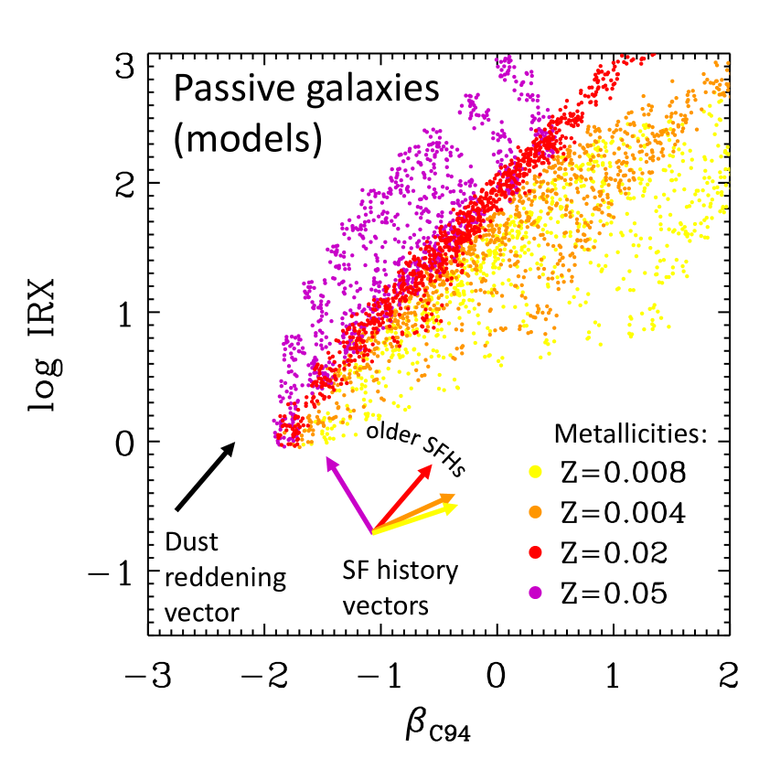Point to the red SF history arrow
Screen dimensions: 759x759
tap(401, 497)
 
